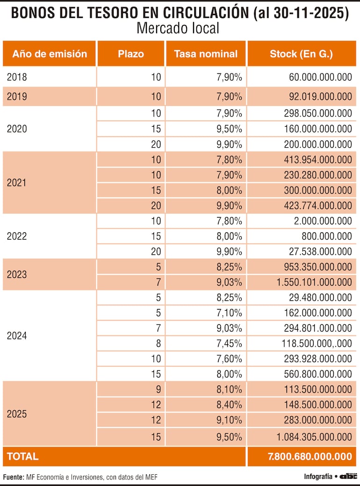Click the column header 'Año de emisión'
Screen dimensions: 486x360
50,54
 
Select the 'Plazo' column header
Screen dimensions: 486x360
131,54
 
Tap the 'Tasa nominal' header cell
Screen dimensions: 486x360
206,54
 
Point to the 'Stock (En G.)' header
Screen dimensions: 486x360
301,54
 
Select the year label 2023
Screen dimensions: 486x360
17,274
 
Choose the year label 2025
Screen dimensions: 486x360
17,414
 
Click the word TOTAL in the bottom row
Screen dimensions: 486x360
23,457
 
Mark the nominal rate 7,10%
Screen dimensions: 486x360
229,313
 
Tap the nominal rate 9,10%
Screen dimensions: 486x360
229,420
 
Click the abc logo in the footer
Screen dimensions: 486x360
348,477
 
